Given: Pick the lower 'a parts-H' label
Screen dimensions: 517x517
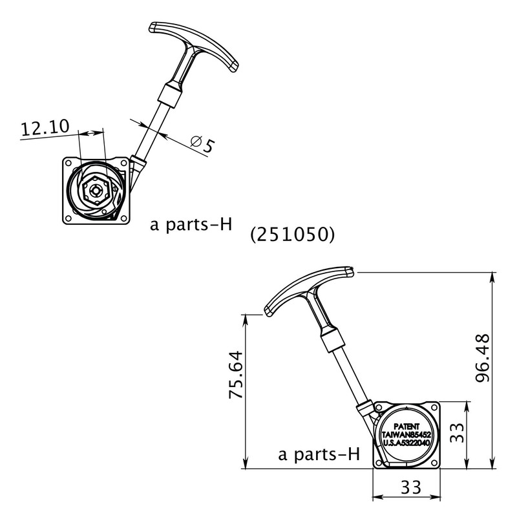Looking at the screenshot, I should (x=318, y=454).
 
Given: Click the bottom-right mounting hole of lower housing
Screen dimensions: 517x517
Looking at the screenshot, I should (x=434, y=460).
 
